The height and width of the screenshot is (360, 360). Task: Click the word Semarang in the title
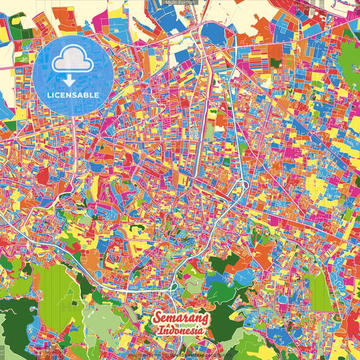pyautogui.click(x=182, y=318)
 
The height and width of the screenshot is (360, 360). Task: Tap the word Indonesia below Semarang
pyautogui.click(x=182, y=331)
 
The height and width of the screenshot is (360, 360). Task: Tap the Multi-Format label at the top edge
pyautogui.click(x=180, y=3)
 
